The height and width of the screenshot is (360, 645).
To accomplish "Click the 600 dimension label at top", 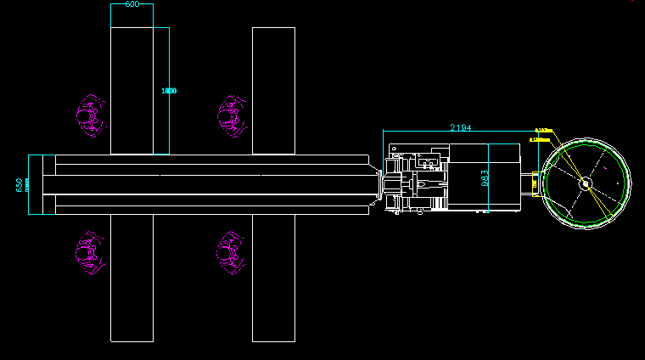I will (132, 4).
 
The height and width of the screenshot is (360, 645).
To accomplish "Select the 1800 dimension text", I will (169, 91).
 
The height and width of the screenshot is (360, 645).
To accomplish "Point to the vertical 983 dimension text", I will (485, 177).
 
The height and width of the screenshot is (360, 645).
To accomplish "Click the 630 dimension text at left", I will (20, 184).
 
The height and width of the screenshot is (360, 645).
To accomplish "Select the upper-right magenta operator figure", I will (230, 114).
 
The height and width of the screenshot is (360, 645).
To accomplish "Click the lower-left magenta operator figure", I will (90, 252).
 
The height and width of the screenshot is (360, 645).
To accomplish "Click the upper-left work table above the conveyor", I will (132, 91).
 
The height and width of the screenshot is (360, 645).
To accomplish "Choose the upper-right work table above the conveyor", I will (273, 91).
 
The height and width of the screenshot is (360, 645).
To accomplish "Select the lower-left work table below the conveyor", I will (132, 278).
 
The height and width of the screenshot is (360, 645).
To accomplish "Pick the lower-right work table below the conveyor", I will (273, 278).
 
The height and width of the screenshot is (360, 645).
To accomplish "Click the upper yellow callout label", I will (544, 131).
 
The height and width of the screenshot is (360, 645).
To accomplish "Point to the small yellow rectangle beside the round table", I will (535, 182).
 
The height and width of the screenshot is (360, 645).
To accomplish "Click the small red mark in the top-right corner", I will (631, 2).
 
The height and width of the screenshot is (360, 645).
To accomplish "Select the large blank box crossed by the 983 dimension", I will (484, 177).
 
